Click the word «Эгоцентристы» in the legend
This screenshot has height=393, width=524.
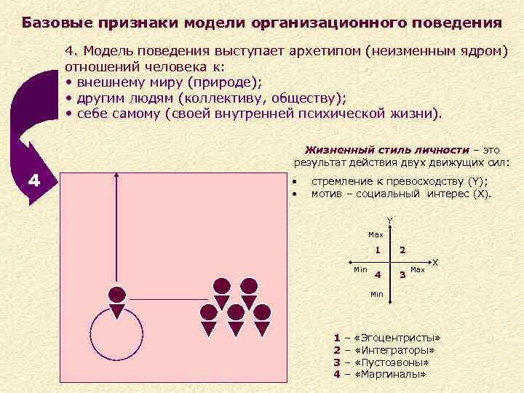coord(397,339)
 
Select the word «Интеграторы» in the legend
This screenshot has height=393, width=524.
coord(394,351)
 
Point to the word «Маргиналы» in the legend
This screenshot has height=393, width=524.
coord(389,374)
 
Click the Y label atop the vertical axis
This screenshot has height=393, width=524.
coord(389,221)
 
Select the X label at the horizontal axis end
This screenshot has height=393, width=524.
coord(435,261)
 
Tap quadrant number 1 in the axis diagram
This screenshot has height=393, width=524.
coord(377,251)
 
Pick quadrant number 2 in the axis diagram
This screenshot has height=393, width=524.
coord(402,251)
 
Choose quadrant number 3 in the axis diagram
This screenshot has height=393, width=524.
coord(402,274)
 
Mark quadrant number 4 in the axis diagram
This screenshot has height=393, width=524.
coord(377,274)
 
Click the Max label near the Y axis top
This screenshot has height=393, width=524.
coord(376,235)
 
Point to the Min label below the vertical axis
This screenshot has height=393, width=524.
coord(376,294)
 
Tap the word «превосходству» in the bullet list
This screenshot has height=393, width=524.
coord(412,182)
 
